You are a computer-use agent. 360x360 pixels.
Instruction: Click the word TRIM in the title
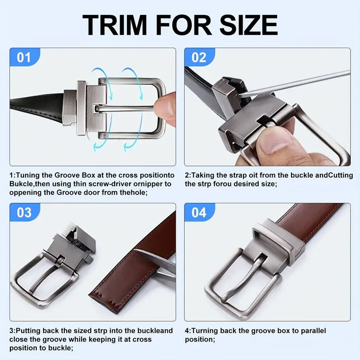coord(115,25)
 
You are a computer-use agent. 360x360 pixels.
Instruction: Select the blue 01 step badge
coord(25,57)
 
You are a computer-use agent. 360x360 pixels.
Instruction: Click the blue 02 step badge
coord(199,57)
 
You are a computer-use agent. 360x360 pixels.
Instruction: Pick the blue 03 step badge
coord(25,212)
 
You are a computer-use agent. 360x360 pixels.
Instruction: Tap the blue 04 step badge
coord(199,212)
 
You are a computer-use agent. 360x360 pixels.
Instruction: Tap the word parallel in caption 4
coord(313,331)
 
